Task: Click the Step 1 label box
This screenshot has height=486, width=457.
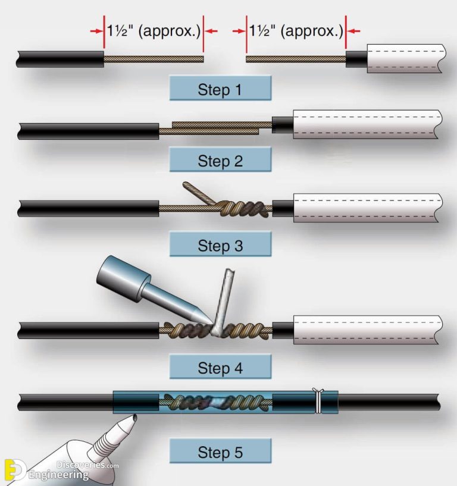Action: pos(220,90)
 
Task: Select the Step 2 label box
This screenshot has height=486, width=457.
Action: pos(220,161)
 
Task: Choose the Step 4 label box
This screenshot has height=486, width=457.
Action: pos(220,368)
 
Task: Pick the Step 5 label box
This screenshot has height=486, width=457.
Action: pos(220,452)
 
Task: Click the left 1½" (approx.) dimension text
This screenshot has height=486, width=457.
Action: pos(153,31)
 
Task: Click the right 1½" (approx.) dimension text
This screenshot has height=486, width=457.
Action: pos(296,31)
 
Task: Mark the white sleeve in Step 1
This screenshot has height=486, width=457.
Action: pos(405,59)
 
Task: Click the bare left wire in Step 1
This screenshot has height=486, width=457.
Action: pos(154,59)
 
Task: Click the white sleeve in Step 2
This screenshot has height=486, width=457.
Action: pos(366,125)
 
